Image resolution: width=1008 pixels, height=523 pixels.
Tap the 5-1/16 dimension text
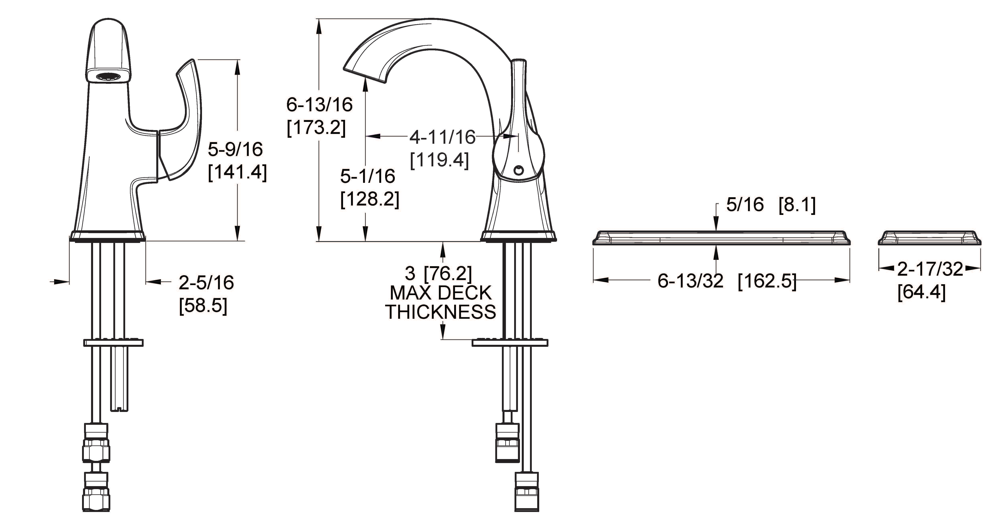367,176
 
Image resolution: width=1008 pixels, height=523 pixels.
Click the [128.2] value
370,199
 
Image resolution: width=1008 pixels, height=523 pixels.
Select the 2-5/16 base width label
206,282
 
